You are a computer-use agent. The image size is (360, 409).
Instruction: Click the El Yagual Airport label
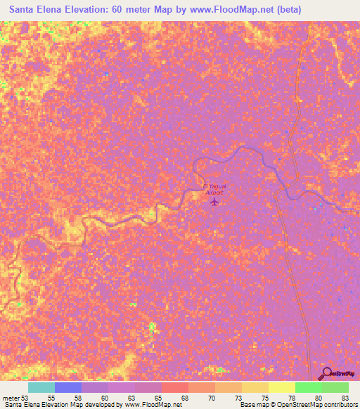pyautogui.click(x=213, y=188)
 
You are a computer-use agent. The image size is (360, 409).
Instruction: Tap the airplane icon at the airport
pyautogui.click(x=214, y=202)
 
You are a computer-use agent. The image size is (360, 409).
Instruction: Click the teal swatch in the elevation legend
pyautogui.click(x=41, y=387)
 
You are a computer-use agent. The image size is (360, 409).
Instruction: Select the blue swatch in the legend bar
pyautogui.click(x=68, y=387)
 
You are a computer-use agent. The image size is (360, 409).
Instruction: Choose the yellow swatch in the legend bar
pyautogui.click(x=282, y=387)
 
